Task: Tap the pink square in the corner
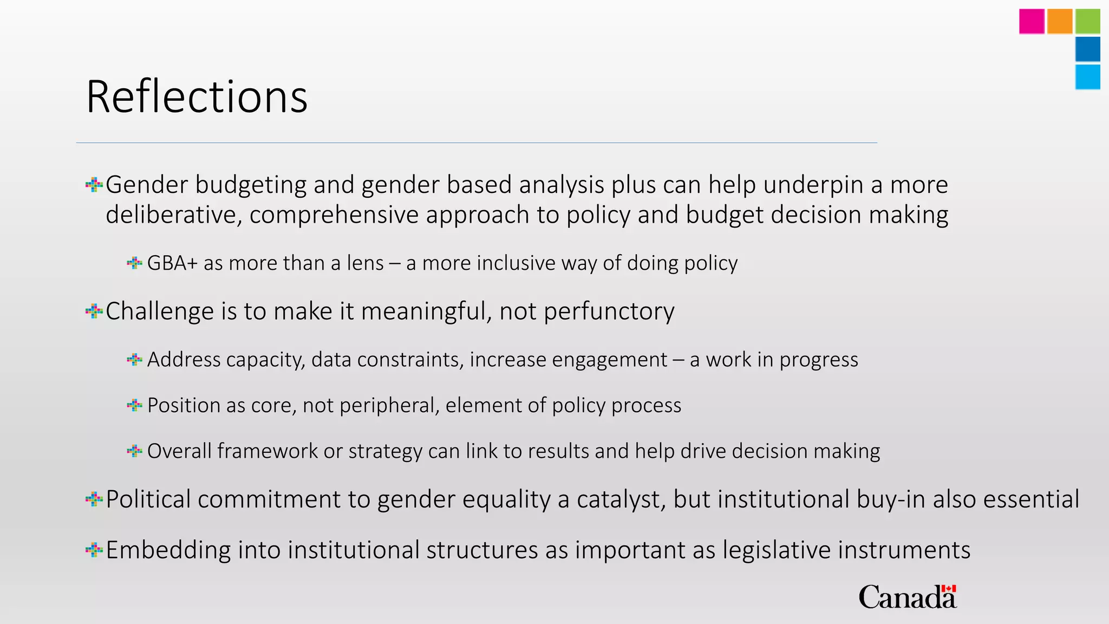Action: [x=1032, y=22]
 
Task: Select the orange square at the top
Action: [x=1060, y=22]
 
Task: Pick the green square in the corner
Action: [x=1088, y=22]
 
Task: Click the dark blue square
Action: [x=1088, y=49]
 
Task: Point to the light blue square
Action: [x=1088, y=77]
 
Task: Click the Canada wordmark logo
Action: [x=908, y=597]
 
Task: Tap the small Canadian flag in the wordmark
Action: [x=949, y=589]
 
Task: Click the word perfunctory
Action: [x=609, y=311]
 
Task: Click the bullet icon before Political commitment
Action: [x=94, y=499]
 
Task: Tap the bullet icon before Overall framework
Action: [x=134, y=451]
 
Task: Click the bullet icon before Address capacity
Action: [x=134, y=359]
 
